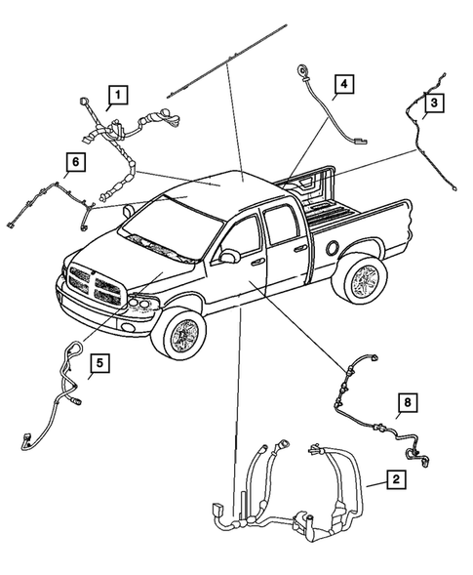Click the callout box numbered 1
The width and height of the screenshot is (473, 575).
(x=117, y=95)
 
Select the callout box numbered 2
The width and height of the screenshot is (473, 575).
(x=394, y=479)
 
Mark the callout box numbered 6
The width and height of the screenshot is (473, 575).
(x=74, y=160)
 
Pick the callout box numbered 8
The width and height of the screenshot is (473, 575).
(x=407, y=402)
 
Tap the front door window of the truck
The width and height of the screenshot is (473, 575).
(x=244, y=235)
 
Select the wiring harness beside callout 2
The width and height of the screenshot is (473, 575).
(x=293, y=488)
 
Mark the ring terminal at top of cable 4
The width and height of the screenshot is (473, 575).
(x=300, y=70)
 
